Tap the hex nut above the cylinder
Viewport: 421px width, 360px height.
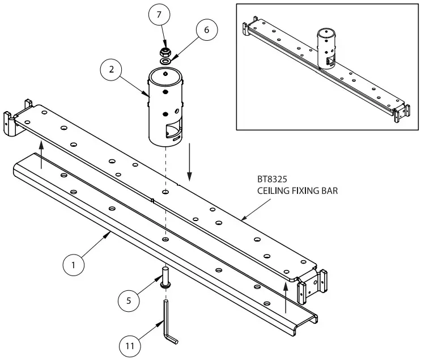coord(165,52)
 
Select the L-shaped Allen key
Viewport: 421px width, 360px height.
coord(168,323)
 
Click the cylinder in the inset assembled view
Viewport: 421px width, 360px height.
coord(326,49)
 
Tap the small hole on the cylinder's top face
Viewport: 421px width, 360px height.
coord(164,73)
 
